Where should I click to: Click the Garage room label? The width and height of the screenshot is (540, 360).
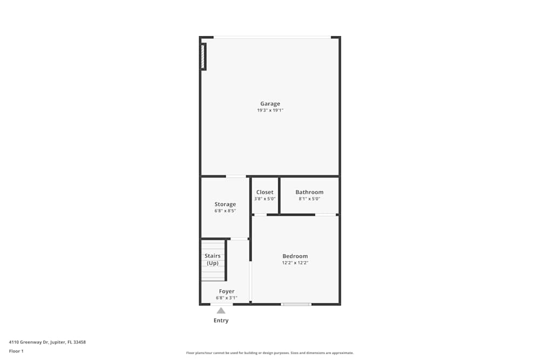270,104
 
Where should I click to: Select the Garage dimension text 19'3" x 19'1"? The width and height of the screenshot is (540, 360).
270,111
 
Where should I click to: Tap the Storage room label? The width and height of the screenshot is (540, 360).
225,205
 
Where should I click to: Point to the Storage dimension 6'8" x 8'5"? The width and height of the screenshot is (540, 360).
225,211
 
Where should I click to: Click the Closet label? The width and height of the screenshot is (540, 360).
265,192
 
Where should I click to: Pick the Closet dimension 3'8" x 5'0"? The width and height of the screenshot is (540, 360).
265,199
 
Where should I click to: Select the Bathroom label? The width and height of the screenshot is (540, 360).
309,192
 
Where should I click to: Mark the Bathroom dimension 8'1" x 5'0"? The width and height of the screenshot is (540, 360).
309,199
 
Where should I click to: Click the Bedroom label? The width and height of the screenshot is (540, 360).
295,256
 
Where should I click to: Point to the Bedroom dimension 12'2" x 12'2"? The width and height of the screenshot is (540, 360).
295,263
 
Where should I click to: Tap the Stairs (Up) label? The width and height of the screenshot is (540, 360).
212,260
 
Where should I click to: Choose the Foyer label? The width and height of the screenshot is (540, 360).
227,291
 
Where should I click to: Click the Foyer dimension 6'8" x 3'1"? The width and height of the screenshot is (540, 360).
227,297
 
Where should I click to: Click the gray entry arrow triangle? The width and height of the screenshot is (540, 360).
221,310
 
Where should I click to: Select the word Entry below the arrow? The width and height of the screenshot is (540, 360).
221,321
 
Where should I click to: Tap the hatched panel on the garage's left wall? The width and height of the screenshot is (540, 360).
203,56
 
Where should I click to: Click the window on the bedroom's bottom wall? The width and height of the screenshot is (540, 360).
296,304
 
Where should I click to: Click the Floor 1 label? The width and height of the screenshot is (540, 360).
16,351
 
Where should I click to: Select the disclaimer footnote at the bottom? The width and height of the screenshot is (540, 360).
270,353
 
